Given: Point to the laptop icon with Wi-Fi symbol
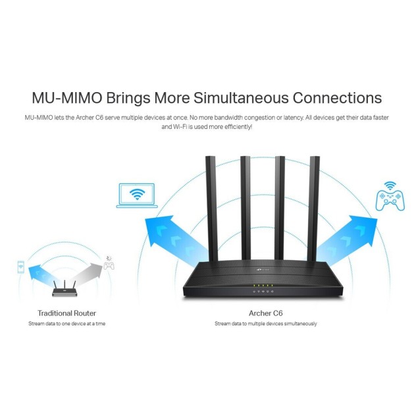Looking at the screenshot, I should (136, 196).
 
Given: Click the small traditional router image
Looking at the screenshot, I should (65, 290).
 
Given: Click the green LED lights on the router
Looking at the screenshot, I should (263, 285).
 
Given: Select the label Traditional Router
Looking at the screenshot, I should (66, 313).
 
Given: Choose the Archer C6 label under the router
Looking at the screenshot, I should (265, 313).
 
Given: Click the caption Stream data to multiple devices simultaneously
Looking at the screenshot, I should (265, 324).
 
